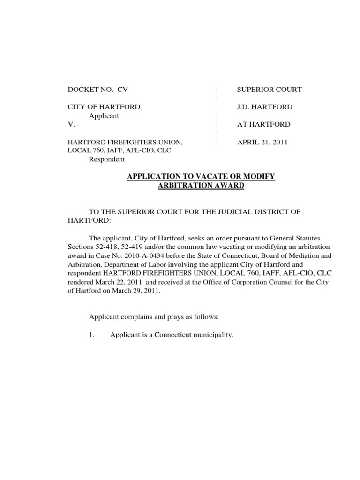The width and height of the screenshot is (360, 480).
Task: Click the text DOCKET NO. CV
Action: [x=97, y=89]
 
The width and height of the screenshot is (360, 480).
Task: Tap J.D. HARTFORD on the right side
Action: [x=264, y=107]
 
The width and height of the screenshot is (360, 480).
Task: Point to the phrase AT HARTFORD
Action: [x=263, y=124]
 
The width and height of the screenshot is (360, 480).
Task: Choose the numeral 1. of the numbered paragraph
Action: [x=92, y=335]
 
